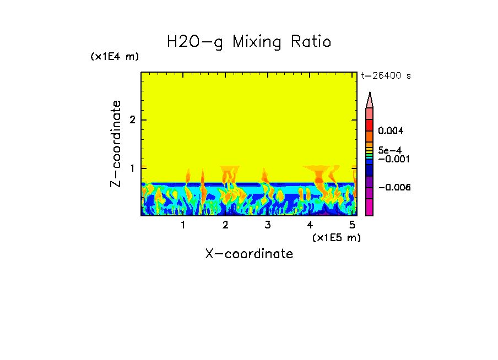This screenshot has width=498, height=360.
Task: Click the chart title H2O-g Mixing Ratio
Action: (249, 42)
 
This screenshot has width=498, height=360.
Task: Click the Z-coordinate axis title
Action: (116, 144)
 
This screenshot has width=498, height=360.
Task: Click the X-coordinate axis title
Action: (249, 254)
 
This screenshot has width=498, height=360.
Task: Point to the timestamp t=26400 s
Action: (386, 75)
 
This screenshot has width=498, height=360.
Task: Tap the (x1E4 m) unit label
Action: (115, 57)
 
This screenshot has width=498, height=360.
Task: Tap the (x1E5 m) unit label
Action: (336, 237)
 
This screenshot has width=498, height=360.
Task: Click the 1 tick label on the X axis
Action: (183, 225)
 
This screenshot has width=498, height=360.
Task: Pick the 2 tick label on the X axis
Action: (225, 225)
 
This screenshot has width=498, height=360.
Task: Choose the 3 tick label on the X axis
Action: (267, 225)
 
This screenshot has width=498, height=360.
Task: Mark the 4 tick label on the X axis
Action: (310, 225)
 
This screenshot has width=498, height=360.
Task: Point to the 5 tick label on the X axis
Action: (351, 225)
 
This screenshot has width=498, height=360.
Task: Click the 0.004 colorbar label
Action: (391, 131)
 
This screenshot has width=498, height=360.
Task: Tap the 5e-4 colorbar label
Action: (389, 150)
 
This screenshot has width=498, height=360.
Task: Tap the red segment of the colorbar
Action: (370, 124)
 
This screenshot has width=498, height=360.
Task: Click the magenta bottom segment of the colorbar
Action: (370, 208)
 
